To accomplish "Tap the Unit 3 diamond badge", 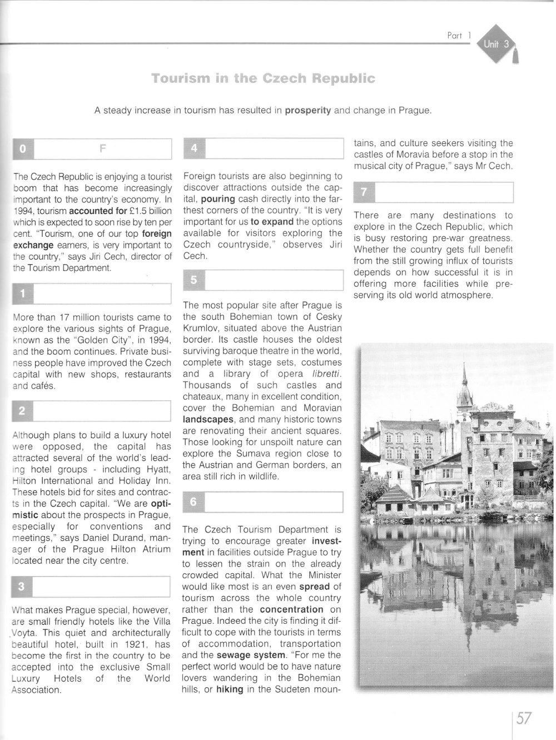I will (x=496, y=44).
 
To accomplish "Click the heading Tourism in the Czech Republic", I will (x=263, y=78).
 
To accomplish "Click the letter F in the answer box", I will (x=102, y=148).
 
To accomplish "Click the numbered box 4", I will (x=193, y=148).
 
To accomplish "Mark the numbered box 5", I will (x=193, y=280).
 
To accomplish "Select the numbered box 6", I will (x=193, y=501).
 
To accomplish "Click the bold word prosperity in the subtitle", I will (x=308, y=111).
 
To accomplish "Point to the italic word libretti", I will (x=322, y=374).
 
